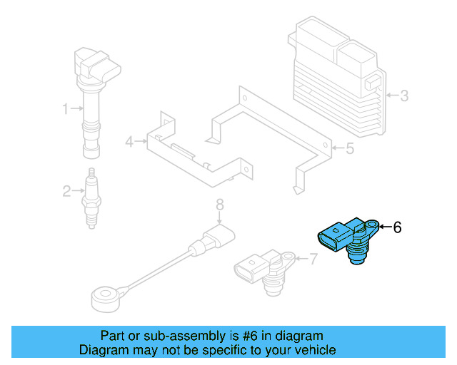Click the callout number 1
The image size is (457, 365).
click(65, 109)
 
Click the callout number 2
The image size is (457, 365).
click(66, 190)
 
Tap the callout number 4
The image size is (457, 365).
click(129, 142)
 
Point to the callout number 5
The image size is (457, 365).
click(349, 149)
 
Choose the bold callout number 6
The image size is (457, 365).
click(398, 227)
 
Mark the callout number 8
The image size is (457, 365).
click(220, 205)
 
